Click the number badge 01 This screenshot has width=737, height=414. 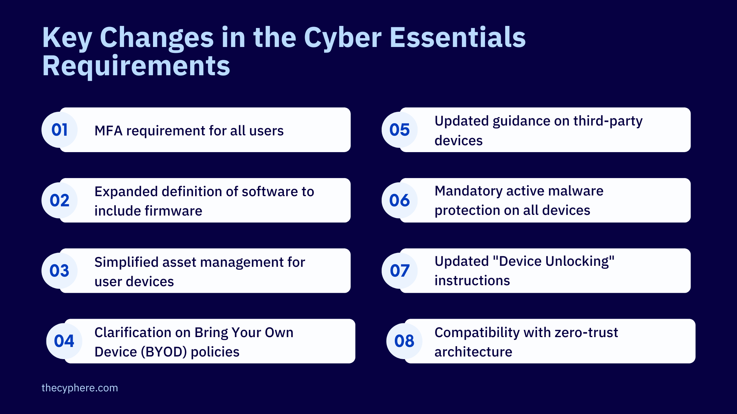point(60,130)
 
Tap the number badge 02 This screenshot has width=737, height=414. point(60,200)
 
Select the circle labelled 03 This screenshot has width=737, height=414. point(60,271)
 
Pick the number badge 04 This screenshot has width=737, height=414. point(64,341)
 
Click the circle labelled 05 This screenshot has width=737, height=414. point(399,130)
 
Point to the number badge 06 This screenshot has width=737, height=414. point(399,200)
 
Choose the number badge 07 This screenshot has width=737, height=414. point(399,271)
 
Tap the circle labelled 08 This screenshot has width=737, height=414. point(404,341)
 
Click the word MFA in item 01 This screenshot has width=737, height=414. point(108,131)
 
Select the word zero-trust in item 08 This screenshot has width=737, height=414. point(586,333)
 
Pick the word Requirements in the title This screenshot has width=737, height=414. point(136,66)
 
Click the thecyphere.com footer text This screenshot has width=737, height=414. point(80,388)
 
